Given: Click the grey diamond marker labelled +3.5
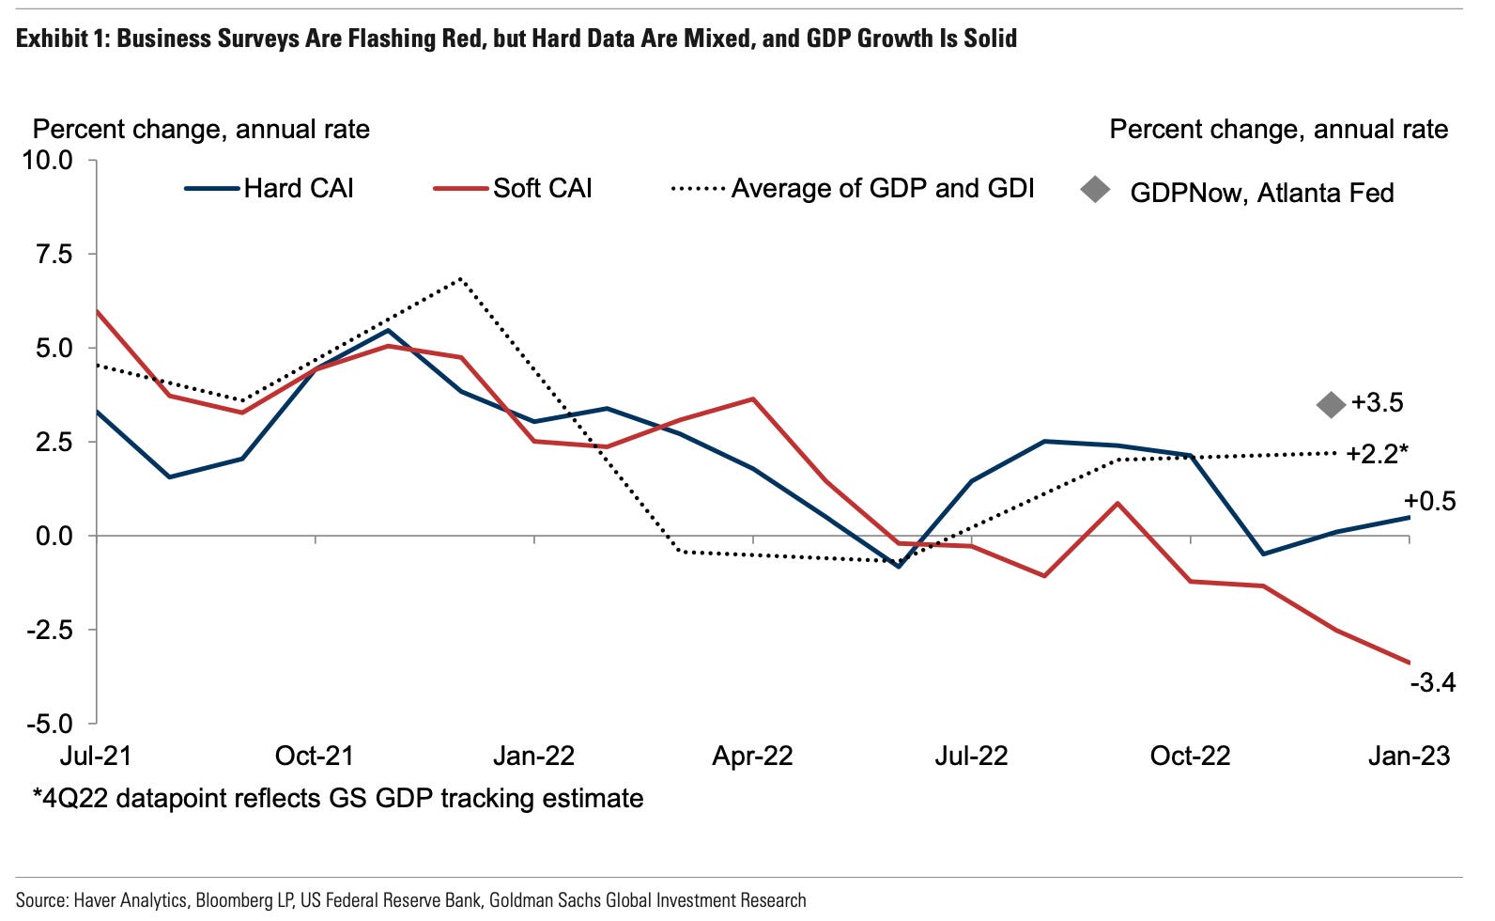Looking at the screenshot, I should tap(1331, 405).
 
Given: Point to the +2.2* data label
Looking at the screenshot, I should tap(1377, 455).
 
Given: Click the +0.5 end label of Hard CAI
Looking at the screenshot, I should tap(1429, 502).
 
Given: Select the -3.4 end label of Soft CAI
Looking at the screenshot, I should tap(1432, 682).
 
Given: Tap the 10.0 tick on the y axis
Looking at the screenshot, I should tap(47, 160).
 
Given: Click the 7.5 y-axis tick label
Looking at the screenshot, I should tap(54, 254).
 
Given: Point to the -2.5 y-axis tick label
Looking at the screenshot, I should tap(49, 630).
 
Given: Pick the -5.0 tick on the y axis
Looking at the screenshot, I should tap(49, 724).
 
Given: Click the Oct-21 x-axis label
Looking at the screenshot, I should tap(314, 757).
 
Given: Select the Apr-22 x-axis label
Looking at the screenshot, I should tap(752, 757).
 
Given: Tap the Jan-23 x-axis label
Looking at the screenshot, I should tap(1409, 757).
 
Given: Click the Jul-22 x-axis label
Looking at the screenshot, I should tap(971, 757).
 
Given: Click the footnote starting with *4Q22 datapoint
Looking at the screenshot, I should tap(338, 799).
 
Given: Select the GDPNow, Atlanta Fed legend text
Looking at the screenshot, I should tap(1261, 193).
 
